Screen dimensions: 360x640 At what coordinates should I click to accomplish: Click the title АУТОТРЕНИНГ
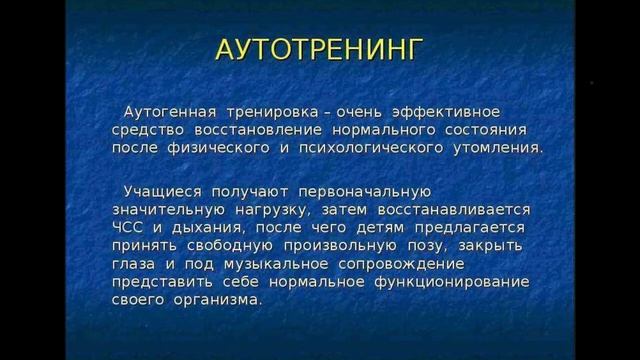click(320, 51)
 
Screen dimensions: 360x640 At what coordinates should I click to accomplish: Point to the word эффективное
click(446, 110)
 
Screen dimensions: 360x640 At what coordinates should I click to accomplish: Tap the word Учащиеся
click(162, 189)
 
